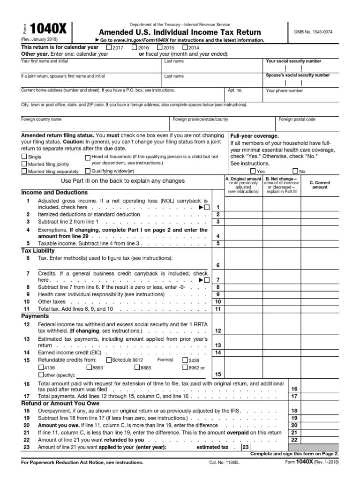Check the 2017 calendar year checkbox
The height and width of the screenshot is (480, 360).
[109, 47]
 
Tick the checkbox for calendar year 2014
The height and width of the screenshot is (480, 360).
[185, 47]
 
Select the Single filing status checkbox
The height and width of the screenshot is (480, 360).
[24, 157]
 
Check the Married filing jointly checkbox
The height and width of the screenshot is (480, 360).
[24, 164]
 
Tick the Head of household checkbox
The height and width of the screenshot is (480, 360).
[88, 157]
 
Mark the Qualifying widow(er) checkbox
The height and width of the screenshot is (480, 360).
[88, 172]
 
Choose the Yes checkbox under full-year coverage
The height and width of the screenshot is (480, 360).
[253, 171]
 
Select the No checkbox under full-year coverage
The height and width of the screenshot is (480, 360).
[295, 171]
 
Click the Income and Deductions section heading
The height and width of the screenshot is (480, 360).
[54, 193]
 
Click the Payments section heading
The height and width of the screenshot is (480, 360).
[35, 316]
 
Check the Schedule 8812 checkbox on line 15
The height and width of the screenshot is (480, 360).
[109, 360]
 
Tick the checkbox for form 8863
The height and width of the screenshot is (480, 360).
[90, 368]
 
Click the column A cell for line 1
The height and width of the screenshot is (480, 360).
[243, 207]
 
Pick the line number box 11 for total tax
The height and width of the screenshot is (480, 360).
[217, 309]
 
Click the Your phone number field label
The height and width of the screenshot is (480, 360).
[285, 91]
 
